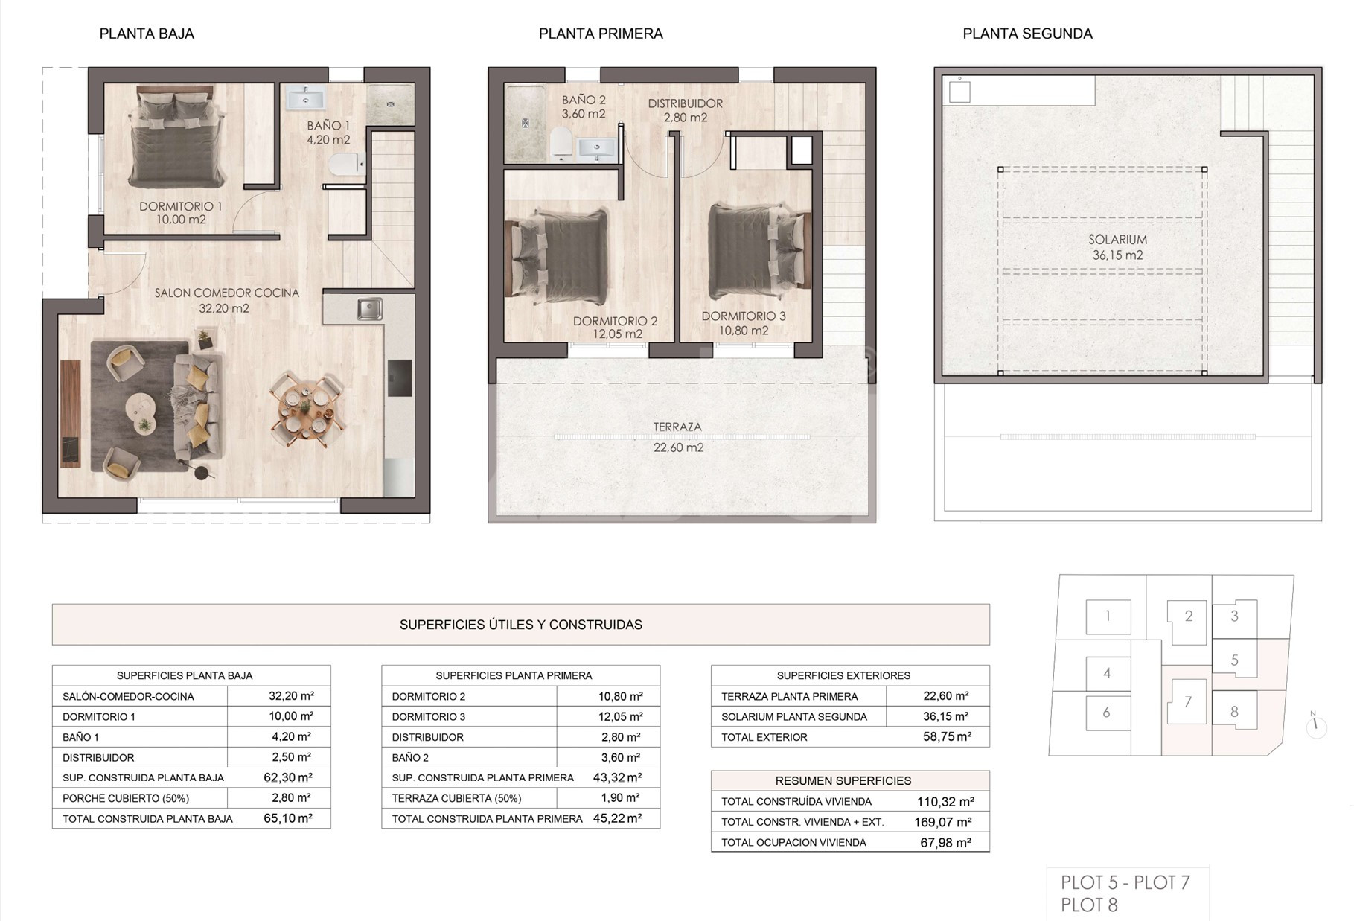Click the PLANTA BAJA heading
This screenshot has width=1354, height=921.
click(x=147, y=34)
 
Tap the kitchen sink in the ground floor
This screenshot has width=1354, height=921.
click(x=368, y=308)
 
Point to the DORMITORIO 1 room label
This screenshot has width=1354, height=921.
click(x=181, y=206)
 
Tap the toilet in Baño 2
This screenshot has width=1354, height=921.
click(x=561, y=142)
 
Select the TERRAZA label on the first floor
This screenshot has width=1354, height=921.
click(x=677, y=427)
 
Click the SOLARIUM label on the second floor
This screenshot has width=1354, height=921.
click(x=1117, y=240)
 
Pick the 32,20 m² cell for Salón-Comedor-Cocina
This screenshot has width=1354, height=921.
click(x=291, y=696)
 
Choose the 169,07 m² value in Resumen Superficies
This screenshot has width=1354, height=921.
click(x=943, y=822)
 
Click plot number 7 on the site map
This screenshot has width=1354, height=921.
click(x=1188, y=701)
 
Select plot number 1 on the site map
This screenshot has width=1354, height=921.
click(x=1108, y=616)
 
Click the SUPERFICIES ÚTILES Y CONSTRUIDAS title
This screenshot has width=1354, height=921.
click(x=521, y=625)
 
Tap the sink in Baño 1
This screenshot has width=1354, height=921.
click(x=306, y=98)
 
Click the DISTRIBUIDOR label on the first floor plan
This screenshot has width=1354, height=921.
click(x=685, y=103)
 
